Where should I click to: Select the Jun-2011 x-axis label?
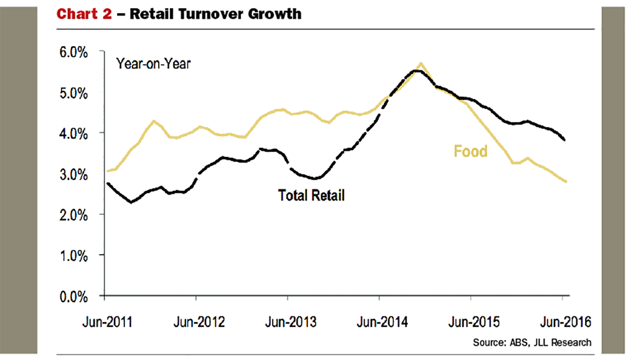(x=107, y=322)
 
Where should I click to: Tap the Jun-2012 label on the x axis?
(x=199, y=322)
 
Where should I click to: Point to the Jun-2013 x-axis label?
(x=291, y=322)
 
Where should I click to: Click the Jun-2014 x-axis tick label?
(x=382, y=322)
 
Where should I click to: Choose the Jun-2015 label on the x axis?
(x=474, y=322)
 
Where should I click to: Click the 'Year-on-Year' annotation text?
(x=153, y=64)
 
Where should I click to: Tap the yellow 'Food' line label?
(x=471, y=151)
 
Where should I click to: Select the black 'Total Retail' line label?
(x=311, y=195)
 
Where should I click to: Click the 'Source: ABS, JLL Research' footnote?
(x=532, y=342)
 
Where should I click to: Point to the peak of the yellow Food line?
(x=421, y=63)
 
